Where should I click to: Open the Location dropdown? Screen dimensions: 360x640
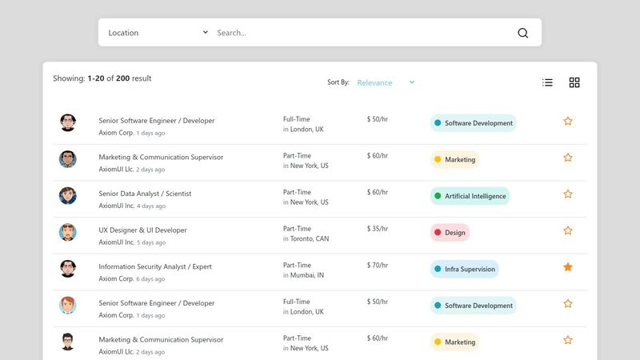[x=158, y=33]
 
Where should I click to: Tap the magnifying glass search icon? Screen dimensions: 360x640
[x=523, y=33]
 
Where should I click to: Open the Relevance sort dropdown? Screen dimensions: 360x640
[x=386, y=82]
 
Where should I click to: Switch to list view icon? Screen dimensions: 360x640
[x=547, y=82]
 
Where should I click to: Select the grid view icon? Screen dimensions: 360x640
[x=574, y=82]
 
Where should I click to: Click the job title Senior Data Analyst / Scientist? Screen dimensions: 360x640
[x=145, y=194]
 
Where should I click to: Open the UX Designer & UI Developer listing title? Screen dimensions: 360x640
[x=142, y=230]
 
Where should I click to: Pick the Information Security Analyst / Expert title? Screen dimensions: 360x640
[x=154, y=266]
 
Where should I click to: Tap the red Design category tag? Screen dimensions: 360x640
[x=450, y=233]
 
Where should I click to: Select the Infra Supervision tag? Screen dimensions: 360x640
[x=465, y=269]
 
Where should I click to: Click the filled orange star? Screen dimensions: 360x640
[x=568, y=267]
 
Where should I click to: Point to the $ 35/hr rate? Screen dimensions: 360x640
[x=377, y=229]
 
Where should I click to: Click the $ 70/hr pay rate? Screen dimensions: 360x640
[x=377, y=265]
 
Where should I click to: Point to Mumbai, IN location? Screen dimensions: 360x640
[x=307, y=275]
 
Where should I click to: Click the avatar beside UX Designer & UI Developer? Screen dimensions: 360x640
[x=68, y=232]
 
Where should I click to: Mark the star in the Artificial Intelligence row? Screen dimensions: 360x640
[x=568, y=194]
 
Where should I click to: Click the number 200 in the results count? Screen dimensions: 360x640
[x=122, y=78]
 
